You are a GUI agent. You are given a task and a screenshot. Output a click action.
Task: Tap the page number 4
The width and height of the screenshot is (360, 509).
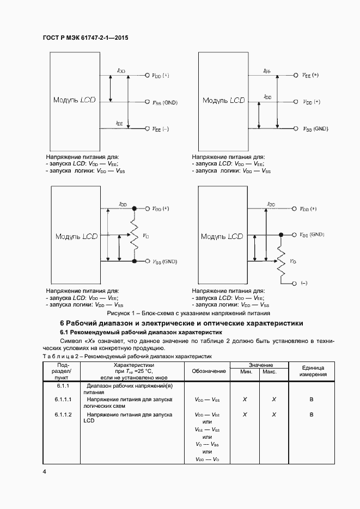click(x=44, y=471)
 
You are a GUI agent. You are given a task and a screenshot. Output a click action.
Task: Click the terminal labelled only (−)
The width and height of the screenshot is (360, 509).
click(x=303, y=283)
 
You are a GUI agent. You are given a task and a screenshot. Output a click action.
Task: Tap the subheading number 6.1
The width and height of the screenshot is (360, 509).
click(x=64, y=332)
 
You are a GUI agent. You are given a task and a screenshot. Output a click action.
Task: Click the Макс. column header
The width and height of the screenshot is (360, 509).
click(x=270, y=372)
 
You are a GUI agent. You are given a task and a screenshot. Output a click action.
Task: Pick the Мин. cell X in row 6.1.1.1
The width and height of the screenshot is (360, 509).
click(x=245, y=400)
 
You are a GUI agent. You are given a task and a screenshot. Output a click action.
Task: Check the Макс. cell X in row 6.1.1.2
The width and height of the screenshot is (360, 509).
click(x=274, y=415)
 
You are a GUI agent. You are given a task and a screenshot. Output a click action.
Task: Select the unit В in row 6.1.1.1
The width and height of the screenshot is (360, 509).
click(x=312, y=400)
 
